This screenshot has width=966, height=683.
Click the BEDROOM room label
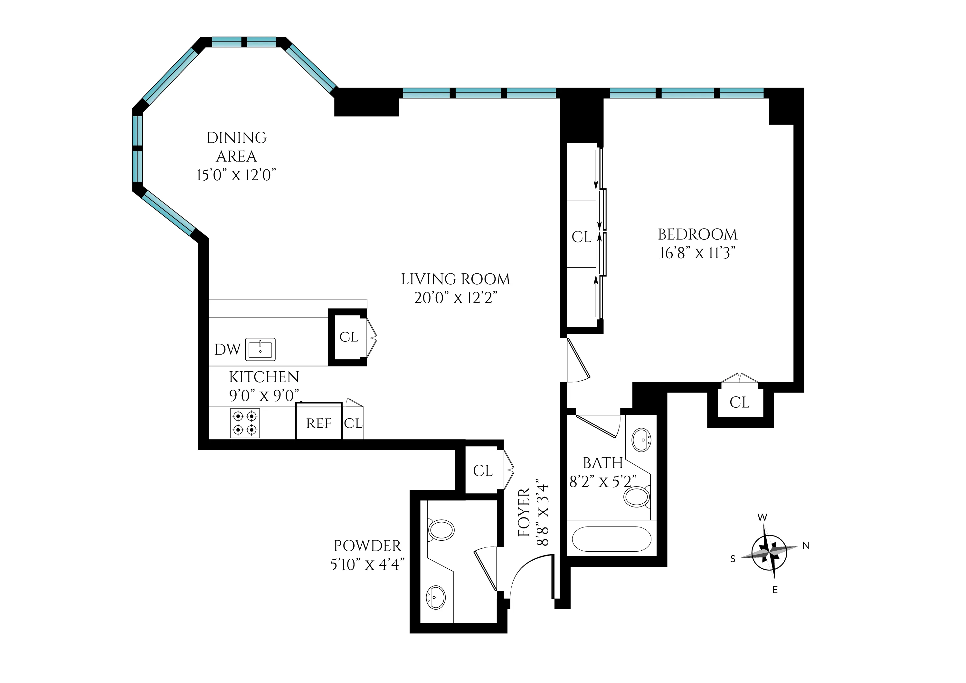click(697, 234)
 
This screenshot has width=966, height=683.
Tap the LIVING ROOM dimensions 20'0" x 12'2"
click(455, 298)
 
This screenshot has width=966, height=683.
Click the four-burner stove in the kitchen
click(245, 423)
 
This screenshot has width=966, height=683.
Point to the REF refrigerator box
click(318, 422)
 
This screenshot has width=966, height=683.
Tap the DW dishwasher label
click(227, 349)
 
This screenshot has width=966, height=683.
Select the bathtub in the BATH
click(611, 539)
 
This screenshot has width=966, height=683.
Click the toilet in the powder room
click(440, 530)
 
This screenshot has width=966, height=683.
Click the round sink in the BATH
click(642, 440)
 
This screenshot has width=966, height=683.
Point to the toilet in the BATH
click(637, 497)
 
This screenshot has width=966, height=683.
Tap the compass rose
click(769, 553)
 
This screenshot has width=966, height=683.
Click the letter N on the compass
click(806, 545)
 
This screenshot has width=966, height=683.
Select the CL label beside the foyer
click(483, 470)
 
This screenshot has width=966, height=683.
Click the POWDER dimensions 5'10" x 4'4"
click(367, 564)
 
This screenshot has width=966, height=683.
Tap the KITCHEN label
click(264, 377)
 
